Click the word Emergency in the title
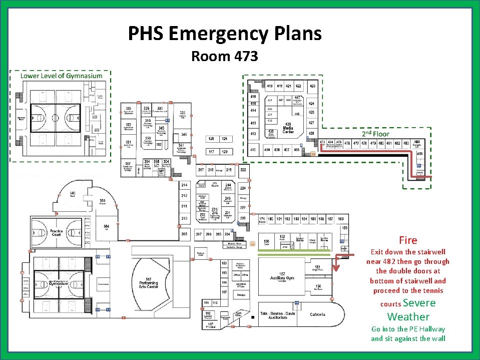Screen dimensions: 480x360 click(222, 34)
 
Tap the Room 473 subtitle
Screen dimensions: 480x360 click(224, 57)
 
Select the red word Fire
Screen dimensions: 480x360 click(408, 240)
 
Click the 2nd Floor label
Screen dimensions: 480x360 click(375, 134)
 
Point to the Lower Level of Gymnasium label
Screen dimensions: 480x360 click(61, 76)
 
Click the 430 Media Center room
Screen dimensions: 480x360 click(288, 128)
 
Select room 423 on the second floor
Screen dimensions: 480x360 click(312, 86)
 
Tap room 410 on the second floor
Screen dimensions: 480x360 click(253, 149)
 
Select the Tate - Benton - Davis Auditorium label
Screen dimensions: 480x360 click(280, 315)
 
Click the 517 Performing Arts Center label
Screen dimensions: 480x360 click(149, 282)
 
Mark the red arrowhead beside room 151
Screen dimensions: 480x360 click(336, 267)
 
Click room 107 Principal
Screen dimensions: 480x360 click(210, 326)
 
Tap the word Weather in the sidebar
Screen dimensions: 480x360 click(408, 316)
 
